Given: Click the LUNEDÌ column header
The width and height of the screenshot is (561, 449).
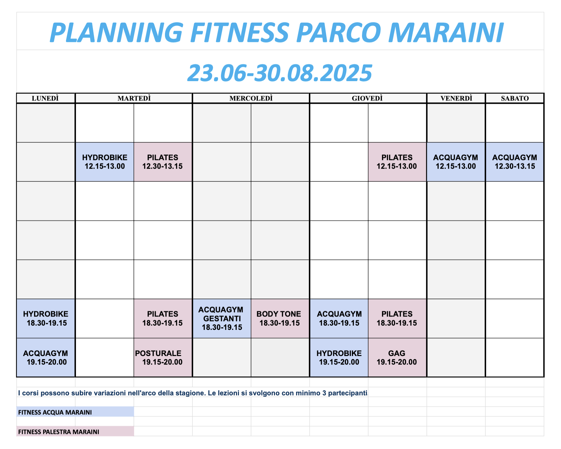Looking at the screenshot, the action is [x=45, y=98].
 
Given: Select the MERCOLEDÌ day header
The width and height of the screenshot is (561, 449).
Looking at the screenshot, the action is [x=251, y=98].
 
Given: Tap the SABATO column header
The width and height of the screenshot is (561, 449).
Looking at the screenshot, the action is [x=515, y=98].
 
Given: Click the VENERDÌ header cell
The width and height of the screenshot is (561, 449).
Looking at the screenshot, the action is [x=456, y=98].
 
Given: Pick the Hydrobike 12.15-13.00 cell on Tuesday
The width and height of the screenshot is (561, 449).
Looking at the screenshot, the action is [x=105, y=162].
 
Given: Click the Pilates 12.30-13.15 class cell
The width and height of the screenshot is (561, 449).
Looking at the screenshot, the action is [x=163, y=162].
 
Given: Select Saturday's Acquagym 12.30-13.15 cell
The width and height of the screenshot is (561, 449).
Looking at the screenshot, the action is [x=515, y=162].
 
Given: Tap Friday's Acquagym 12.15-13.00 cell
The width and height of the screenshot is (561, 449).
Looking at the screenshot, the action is [x=456, y=162].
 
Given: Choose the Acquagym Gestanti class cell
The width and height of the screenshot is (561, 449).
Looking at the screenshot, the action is [x=222, y=318].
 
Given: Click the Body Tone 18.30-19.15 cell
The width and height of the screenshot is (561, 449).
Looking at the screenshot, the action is [x=280, y=318].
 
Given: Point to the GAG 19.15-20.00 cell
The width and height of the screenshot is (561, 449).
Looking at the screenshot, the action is [x=397, y=357].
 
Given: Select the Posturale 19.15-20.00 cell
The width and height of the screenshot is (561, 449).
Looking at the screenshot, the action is [x=163, y=357].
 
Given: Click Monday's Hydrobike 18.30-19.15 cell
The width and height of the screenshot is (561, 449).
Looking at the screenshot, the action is [x=45, y=318].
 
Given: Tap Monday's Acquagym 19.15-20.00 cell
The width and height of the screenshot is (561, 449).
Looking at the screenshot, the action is [x=45, y=357].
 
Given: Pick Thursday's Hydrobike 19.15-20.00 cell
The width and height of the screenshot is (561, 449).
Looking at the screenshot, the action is [x=339, y=357].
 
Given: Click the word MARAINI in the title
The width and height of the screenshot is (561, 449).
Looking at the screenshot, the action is [x=446, y=33].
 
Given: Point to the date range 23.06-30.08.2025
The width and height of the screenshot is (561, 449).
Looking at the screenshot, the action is [x=280, y=73].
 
